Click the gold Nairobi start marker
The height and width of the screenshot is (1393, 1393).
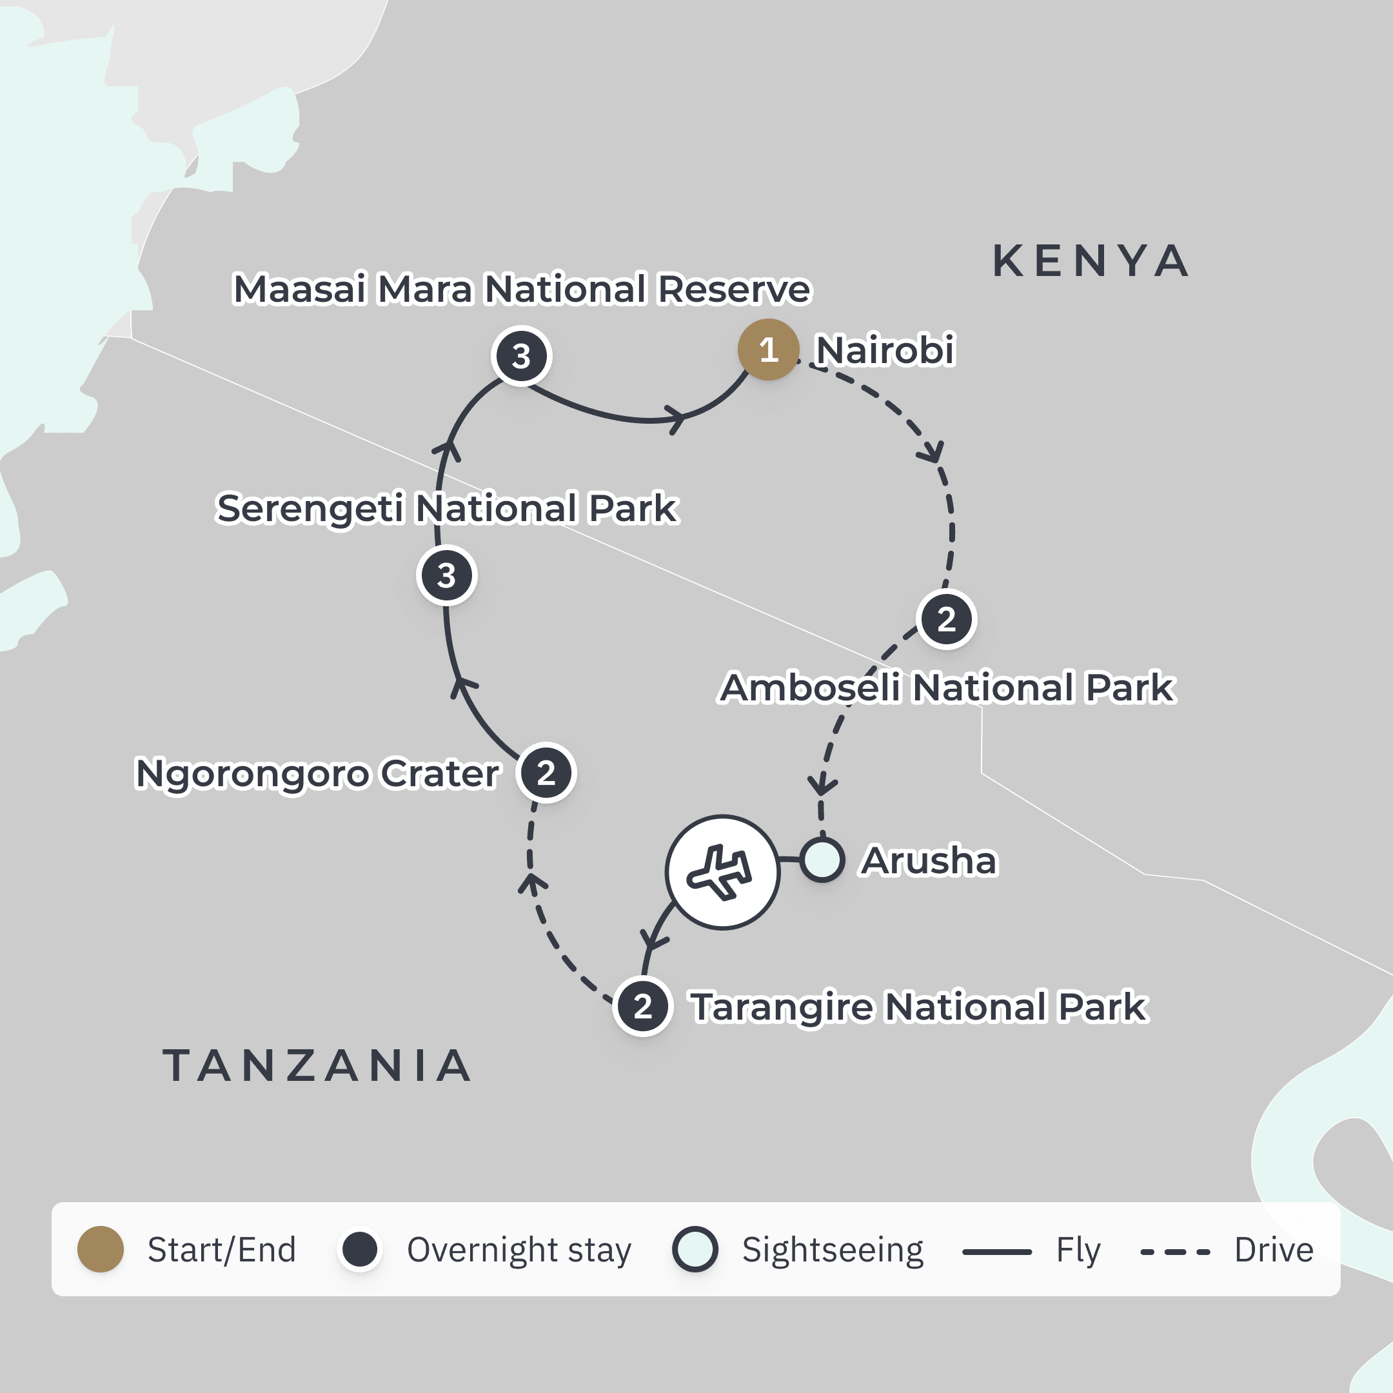768,350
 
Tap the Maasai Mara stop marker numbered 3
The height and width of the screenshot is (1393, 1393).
521,356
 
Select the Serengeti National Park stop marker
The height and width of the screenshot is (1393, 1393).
446,575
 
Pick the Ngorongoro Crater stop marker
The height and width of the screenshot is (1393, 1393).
546,773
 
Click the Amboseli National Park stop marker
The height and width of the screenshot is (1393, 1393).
946,618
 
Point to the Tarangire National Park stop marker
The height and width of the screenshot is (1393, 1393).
642,1006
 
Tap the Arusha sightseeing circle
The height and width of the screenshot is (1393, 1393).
822,860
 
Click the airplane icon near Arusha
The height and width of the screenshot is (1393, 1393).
722,872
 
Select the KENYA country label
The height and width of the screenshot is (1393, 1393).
1090,261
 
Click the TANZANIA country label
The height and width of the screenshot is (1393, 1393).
317,1065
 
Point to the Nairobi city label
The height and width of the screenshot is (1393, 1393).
885,350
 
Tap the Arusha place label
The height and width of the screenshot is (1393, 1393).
929,860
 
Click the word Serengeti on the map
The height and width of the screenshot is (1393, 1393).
310,509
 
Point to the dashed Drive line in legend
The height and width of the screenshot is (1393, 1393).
1174,1252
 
